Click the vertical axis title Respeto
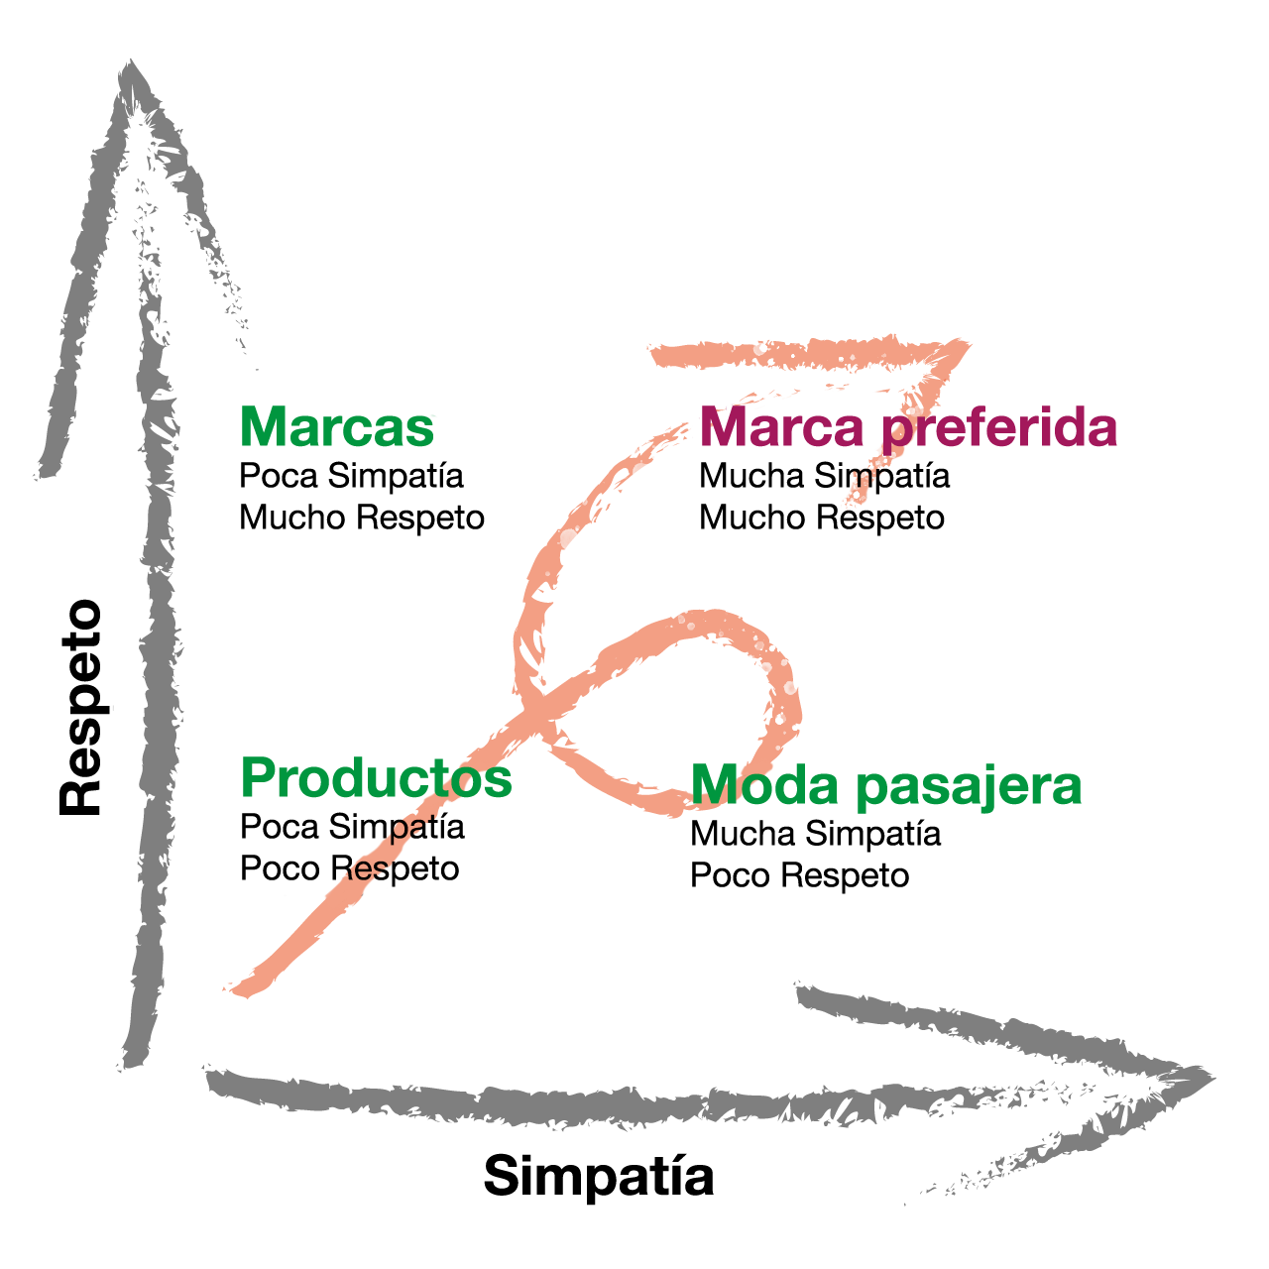tap(80, 707)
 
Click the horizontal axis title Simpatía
tap(599, 1176)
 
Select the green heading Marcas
tap(336, 426)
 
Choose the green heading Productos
tap(376, 777)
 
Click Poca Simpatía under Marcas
tap(352, 476)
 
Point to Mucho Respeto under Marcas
tap(362, 518)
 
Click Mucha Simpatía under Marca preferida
tap(825, 476)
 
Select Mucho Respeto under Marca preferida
tap(822, 518)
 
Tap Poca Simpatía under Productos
tap(352, 827)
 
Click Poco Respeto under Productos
tap(350, 868)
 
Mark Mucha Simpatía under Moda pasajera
tap(815, 834)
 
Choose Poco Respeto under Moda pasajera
tap(799, 875)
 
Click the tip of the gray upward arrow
tap(131, 60)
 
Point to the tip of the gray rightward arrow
tap(1213, 1078)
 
